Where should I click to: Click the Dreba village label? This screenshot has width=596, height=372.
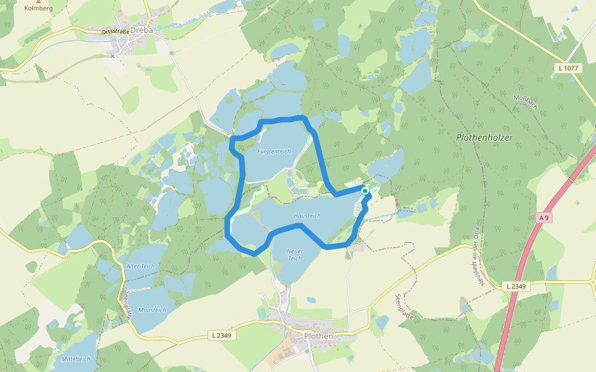(x=142, y=30)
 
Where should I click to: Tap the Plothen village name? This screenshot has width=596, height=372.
(x=318, y=336)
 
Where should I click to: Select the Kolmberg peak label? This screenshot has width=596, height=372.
(x=38, y=9)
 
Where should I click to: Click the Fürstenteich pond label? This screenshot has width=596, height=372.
(x=274, y=151)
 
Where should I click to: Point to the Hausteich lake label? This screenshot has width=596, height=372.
(x=307, y=216)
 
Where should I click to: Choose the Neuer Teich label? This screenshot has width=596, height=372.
(x=294, y=254)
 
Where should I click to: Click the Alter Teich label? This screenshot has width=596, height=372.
(x=140, y=266)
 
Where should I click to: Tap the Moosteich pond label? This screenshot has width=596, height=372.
(x=152, y=310)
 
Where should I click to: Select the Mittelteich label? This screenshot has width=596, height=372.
(x=76, y=359)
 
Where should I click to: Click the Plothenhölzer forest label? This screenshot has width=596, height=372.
(x=484, y=138)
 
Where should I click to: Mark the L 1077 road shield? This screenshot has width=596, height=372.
(x=569, y=68)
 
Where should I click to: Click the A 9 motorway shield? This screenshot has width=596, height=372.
(x=544, y=218)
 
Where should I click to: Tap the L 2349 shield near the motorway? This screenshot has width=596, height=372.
(x=516, y=286)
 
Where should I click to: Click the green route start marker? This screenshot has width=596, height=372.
(x=365, y=191)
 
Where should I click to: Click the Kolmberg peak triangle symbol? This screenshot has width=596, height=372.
(x=29, y=1)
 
